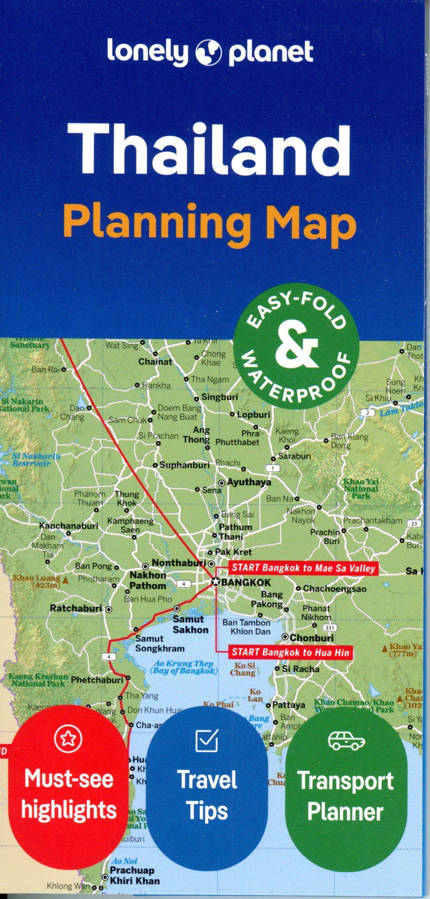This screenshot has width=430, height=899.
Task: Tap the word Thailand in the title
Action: tap(209, 150)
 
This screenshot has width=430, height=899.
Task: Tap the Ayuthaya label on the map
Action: tap(249, 482)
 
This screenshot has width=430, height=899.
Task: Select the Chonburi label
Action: tap(312, 638)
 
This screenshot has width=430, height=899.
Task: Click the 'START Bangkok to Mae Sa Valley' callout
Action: tap(303, 568)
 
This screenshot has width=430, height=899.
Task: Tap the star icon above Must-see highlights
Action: tap(69, 740)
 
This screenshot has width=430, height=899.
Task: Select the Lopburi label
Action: tap(253, 415)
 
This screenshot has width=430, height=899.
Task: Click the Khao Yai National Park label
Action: tap(361, 489)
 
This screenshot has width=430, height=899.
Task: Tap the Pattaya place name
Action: tap(288, 705)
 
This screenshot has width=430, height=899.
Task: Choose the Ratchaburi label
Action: tap(76, 608)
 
